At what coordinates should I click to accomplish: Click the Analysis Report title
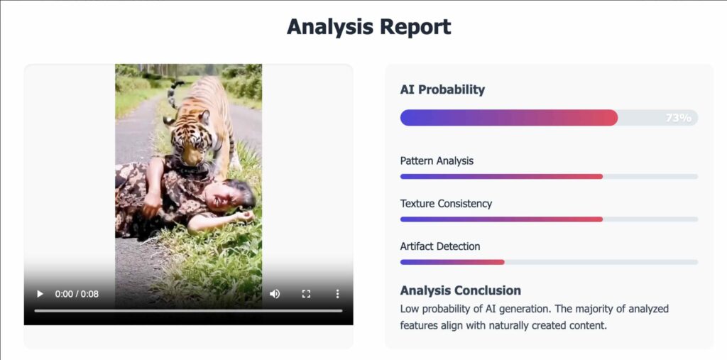tap(368, 26)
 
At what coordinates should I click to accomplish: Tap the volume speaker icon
tap(275, 294)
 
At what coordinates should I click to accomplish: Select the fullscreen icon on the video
tap(306, 294)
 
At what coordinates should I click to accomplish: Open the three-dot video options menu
tap(337, 294)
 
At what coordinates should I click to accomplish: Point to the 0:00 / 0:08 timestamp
tap(77, 294)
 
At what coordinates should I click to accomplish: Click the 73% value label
tap(678, 118)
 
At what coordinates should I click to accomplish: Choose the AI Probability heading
tap(442, 89)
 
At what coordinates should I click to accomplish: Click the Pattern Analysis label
tap(437, 161)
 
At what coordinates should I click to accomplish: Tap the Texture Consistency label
tap(446, 204)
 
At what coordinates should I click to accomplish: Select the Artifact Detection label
tap(440, 246)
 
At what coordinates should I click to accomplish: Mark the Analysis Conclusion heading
tap(460, 290)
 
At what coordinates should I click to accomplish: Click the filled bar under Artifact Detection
tap(452, 262)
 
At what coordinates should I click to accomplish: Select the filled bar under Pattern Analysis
tap(501, 176)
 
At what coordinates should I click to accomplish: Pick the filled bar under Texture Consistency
tap(501, 219)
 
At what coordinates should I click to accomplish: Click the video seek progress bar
tap(188, 311)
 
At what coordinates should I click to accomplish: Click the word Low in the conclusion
tap(409, 308)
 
